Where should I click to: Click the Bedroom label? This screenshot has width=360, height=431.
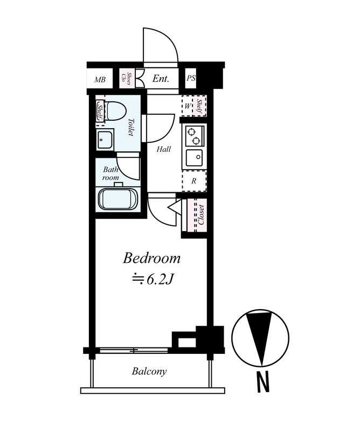151,259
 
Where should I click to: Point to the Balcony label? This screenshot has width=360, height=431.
149,371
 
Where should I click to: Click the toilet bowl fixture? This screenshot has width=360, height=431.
115,110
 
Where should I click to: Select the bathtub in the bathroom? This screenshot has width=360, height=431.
118,199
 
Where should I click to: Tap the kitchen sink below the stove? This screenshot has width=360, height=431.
194,158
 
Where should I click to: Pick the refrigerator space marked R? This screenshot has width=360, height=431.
194,181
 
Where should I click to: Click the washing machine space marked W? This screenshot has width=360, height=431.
188,106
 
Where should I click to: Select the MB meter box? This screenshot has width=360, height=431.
100,79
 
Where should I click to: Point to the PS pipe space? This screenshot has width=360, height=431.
191,78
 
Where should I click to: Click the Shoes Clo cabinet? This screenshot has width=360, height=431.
127,78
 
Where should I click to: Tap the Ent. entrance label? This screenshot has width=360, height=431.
161,79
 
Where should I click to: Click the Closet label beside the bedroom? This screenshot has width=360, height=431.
202,214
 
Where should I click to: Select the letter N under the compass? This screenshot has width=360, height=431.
262,382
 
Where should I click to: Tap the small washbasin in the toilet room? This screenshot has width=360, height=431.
105,140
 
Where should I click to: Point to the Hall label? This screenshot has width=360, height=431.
164,149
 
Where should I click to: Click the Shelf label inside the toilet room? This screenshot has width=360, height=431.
100,110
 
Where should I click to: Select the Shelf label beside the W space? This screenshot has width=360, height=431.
200,106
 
